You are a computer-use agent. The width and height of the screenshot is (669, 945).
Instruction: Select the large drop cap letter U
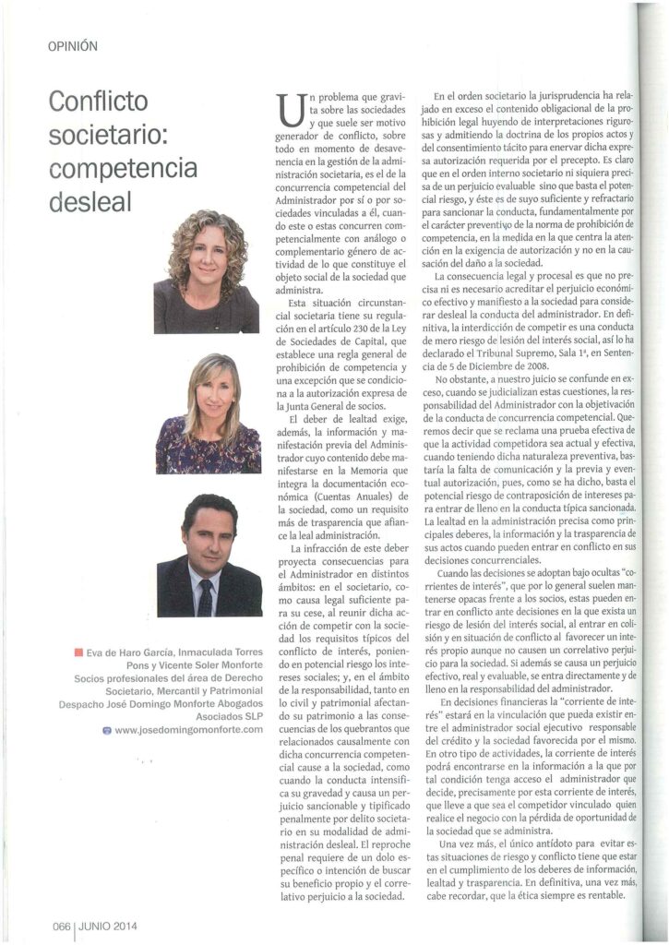[289, 114]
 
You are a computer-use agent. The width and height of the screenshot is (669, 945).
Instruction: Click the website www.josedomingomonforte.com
[189, 730]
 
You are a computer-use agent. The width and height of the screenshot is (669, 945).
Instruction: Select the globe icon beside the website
[107, 730]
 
